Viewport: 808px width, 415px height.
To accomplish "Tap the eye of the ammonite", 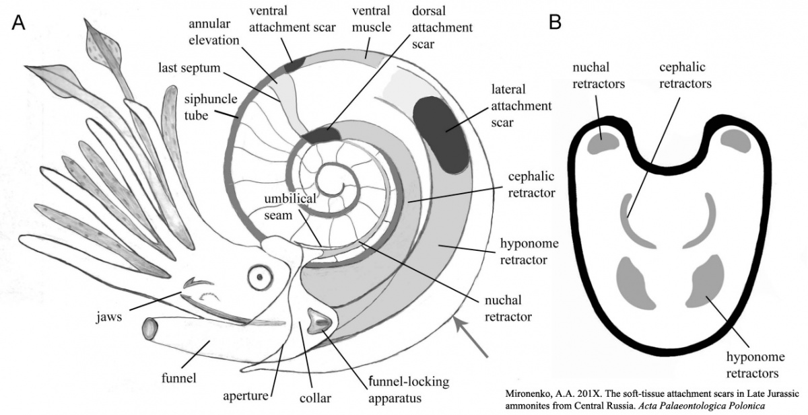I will [x=259, y=276].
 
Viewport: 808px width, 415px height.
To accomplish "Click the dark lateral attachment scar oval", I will [x=441, y=132].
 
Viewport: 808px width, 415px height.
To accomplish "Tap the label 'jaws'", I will [x=108, y=317].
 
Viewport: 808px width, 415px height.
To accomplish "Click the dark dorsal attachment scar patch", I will [x=321, y=135].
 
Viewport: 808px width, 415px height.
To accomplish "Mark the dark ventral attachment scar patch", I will [x=294, y=64].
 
